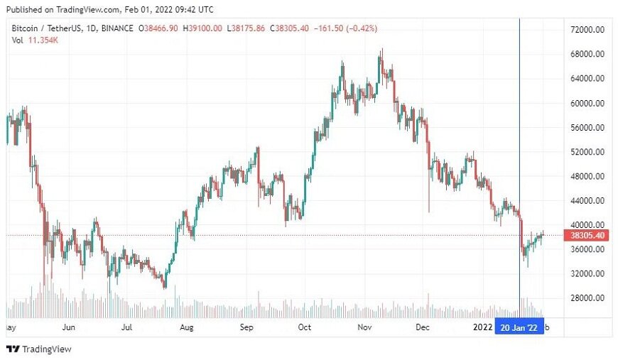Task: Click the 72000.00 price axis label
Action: pyautogui.click(x=587, y=30)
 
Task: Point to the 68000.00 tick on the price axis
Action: pyautogui.click(x=587, y=54)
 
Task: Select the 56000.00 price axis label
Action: pyautogui.click(x=587, y=127)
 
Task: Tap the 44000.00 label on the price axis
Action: pyautogui.click(x=587, y=201)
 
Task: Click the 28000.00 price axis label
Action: pyautogui.click(x=587, y=298)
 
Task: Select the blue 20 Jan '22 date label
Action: pyautogui.click(x=519, y=327)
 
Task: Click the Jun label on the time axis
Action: pyautogui.click(x=69, y=327)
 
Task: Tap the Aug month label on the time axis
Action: pyautogui.click(x=188, y=327)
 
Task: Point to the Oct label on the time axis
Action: pyautogui.click(x=304, y=327)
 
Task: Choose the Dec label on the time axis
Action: pyautogui.click(x=423, y=327)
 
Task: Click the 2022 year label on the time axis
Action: pyautogui.click(x=482, y=327)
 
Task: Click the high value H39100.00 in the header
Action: pyautogui.click(x=202, y=28)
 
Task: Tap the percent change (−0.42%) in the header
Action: pyautogui.click(x=359, y=28)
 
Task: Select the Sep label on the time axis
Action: pyautogui.click(x=246, y=327)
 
